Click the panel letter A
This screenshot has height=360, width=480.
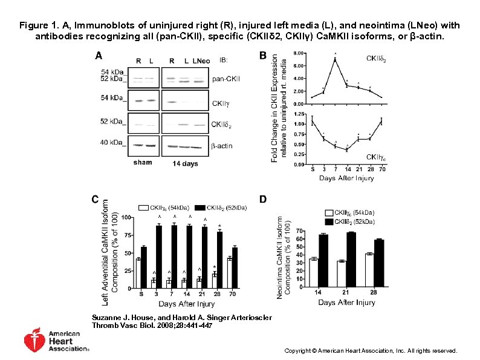pyautogui.click(x=98, y=57)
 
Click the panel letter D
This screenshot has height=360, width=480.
pyautogui.click(x=263, y=198)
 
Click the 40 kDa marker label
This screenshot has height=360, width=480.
pyautogui.click(x=115, y=143)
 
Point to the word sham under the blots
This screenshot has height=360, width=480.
pyautogui.click(x=143, y=163)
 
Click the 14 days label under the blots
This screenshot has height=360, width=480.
pyautogui.click(x=185, y=163)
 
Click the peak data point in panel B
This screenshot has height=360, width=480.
pyautogui.click(x=334, y=59)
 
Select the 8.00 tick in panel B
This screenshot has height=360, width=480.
pyautogui.click(x=299, y=53)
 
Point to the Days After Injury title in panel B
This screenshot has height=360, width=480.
pyautogui.click(x=348, y=178)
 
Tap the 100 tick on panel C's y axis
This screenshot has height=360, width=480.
pyautogui.click(x=126, y=217)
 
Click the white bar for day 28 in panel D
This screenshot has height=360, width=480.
pyautogui.click(x=369, y=270)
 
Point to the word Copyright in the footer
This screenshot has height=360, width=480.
pyautogui.click(x=298, y=351)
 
